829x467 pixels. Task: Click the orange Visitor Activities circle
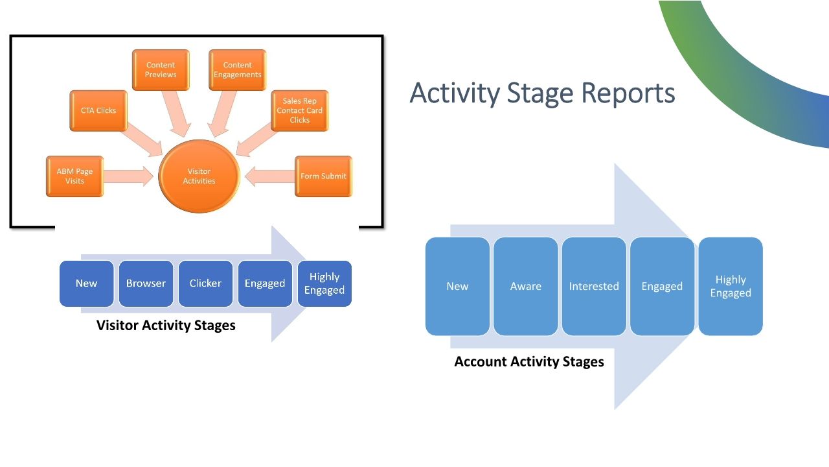(x=199, y=176)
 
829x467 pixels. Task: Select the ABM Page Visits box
(x=74, y=176)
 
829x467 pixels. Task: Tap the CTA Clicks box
(x=98, y=111)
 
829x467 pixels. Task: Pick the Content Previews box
(x=161, y=70)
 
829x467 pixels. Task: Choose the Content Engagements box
(x=238, y=70)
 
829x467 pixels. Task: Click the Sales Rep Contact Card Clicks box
(x=300, y=111)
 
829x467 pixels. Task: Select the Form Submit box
(x=323, y=176)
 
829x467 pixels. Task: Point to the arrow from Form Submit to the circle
(x=269, y=176)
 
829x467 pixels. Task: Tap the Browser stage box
(x=146, y=283)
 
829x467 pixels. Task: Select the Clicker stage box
(x=205, y=283)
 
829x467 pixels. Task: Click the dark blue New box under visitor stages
(x=86, y=283)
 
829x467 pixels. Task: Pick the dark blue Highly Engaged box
(x=324, y=283)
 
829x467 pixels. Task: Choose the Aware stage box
(x=525, y=286)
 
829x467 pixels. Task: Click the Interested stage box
(x=594, y=286)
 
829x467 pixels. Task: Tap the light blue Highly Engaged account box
(x=731, y=286)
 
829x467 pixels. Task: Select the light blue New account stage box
(x=457, y=286)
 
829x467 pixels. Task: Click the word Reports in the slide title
(x=628, y=93)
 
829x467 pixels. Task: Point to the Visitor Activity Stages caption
(x=166, y=326)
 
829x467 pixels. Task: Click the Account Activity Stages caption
(x=529, y=362)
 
